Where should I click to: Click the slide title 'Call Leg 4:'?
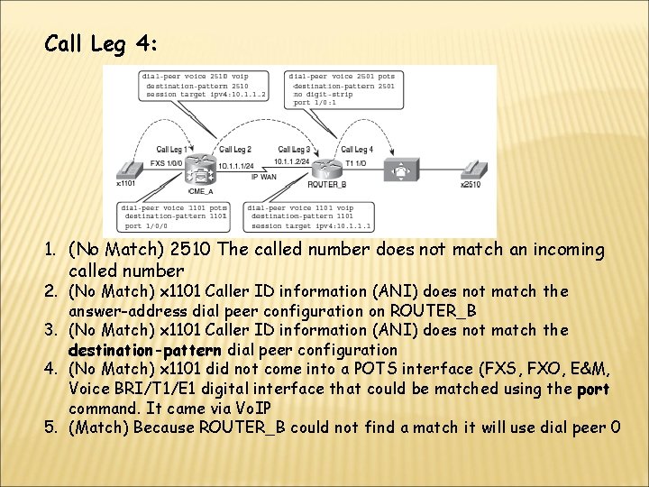(x=103, y=44)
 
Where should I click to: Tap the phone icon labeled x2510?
(x=471, y=170)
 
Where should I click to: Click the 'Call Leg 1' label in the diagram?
(x=174, y=149)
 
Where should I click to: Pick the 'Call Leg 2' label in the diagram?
(x=235, y=149)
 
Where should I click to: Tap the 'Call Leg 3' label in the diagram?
(x=295, y=149)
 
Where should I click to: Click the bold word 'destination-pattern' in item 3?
(x=145, y=349)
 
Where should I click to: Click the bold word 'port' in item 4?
(x=593, y=389)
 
